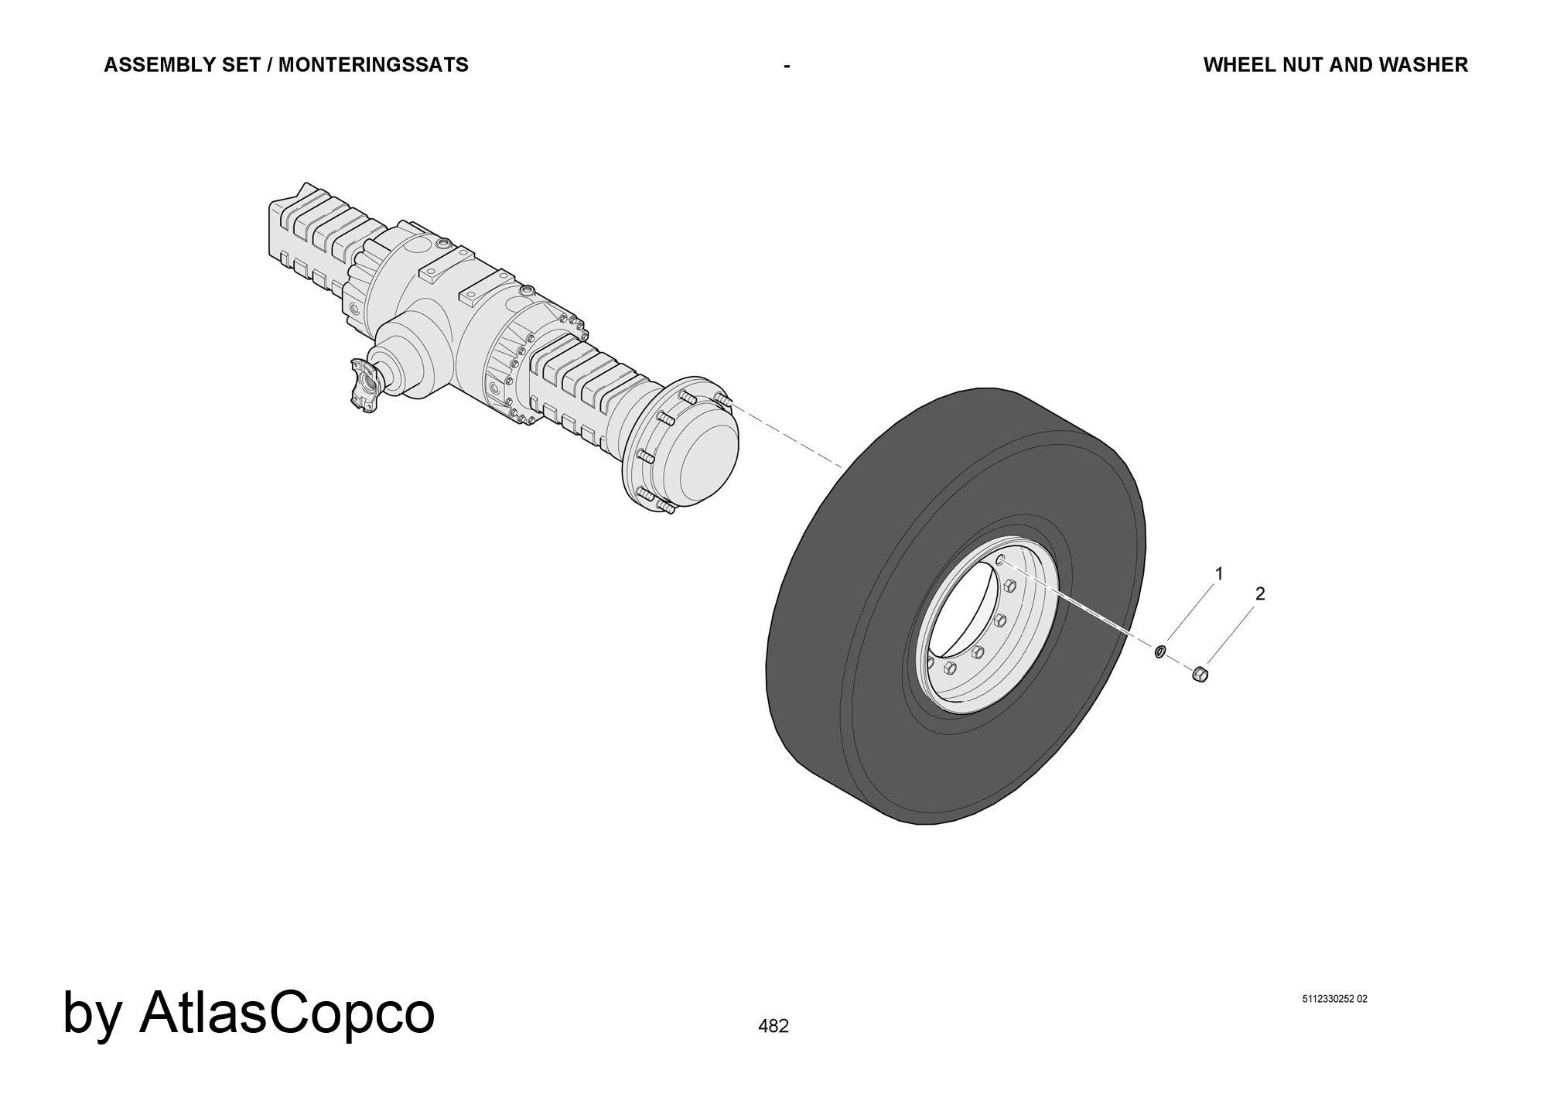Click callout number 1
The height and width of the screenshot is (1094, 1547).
(1220, 574)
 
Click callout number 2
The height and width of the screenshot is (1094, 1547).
(1260, 594)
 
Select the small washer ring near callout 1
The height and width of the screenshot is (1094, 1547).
(1159, 651)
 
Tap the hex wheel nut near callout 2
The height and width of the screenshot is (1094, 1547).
(1200, 674)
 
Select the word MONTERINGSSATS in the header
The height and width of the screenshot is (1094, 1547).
(374, 65)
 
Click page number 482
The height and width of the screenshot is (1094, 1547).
(773, 1026)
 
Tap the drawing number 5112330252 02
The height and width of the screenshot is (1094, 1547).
(1335, 999)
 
